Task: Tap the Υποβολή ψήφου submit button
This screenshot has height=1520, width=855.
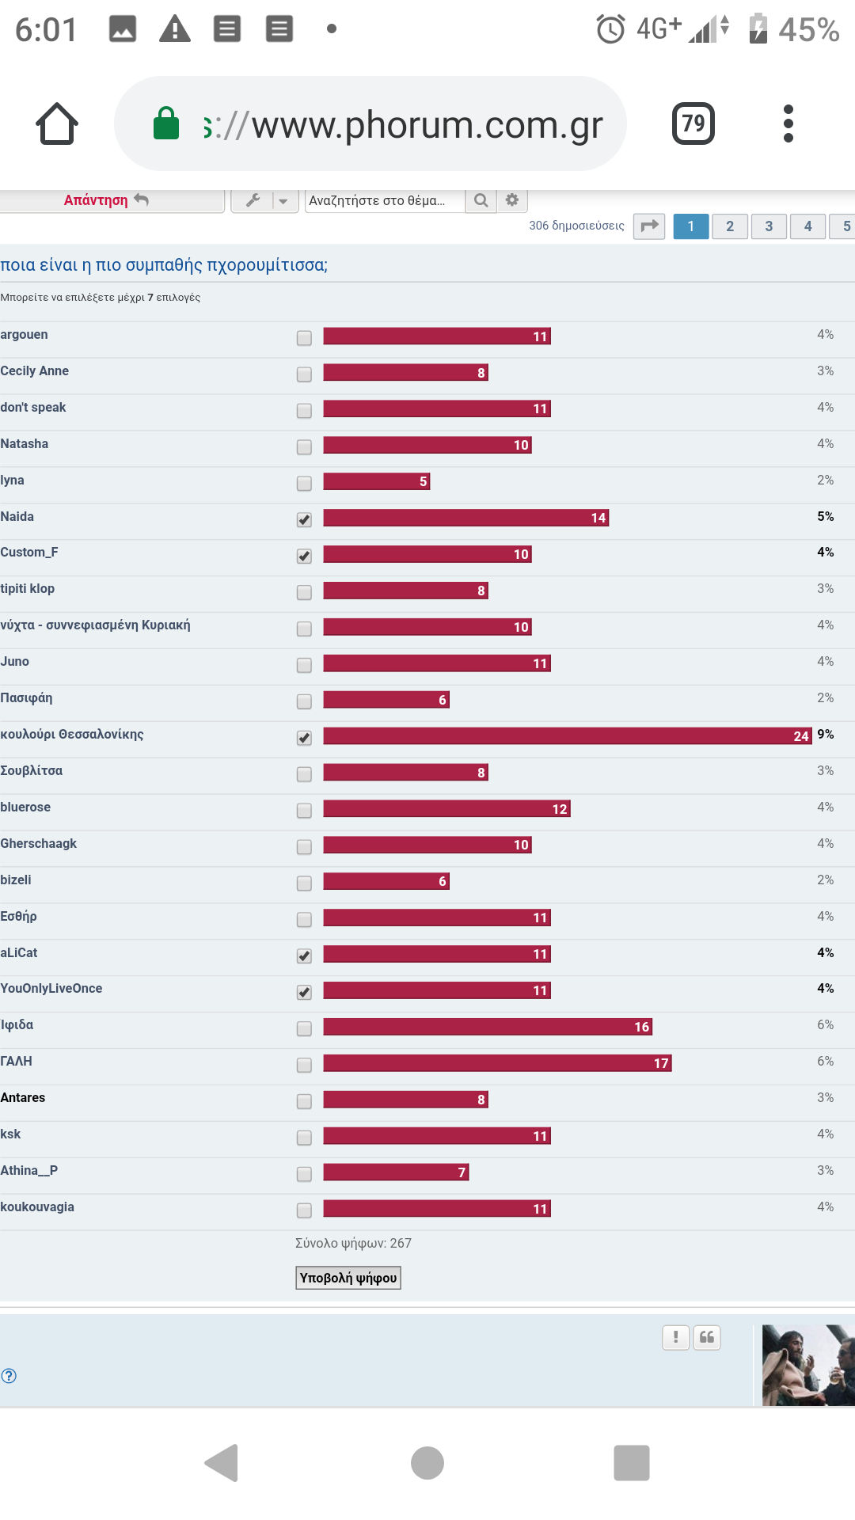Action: coord(348,1278)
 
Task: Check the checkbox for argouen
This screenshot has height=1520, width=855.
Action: coord(304,338)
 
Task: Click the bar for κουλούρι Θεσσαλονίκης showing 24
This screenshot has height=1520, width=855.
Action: coord(567,736)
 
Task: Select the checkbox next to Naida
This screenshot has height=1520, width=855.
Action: coord(304,520)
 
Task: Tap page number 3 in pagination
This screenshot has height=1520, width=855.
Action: coord(769,226)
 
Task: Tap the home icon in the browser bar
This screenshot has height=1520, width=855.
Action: coord(57,124)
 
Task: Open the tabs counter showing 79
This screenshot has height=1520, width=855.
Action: coord(693,123)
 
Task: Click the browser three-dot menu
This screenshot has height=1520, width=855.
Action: coord(788,123)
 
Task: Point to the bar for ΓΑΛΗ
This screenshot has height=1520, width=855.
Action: coord(497,1063)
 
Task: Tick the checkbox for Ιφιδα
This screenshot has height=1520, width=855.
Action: coord(304,1028)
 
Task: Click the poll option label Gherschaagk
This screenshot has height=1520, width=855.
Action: coord(39,844)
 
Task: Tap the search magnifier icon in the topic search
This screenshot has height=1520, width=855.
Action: coord(481,200)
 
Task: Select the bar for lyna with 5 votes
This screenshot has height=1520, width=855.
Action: coord(377,481)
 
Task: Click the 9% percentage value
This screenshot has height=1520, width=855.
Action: coord(826,735)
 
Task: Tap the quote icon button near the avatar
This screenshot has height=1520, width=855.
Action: coord(707,1337)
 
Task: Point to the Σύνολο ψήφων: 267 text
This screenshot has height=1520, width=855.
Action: coord(353,1243)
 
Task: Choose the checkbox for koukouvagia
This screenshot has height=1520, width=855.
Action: coord(304,1210)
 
